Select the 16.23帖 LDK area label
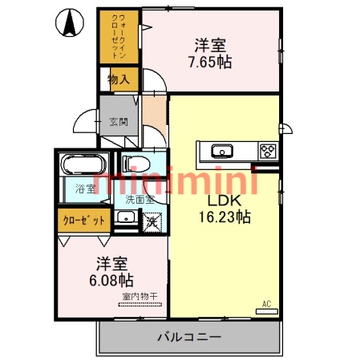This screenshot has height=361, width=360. [x=225, y=217]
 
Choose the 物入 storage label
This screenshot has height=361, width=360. [x=119, y=79]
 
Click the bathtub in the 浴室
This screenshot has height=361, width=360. [x=80, y=167]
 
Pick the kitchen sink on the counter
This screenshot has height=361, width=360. [x=220, y=150]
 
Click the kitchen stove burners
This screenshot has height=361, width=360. [x=267, y=150]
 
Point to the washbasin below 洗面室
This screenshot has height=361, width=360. [x=125, y=220]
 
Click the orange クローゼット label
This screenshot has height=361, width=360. [x=83, y=220]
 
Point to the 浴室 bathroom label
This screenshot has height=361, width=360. [x=85, y=189]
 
